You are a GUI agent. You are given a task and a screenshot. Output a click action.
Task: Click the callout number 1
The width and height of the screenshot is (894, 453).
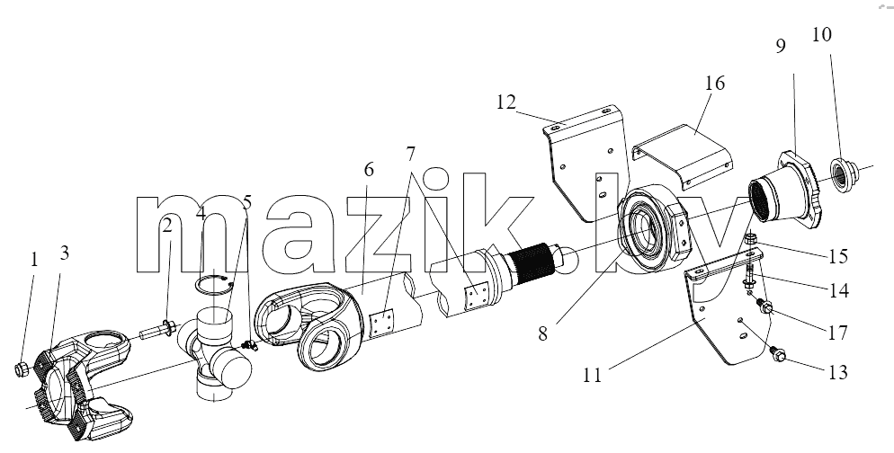(x=33, y=260)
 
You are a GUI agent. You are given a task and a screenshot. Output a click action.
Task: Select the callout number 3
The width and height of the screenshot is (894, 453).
(x=64, y=253)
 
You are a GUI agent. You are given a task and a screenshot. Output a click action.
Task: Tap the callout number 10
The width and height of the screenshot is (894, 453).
(x=821, y=35)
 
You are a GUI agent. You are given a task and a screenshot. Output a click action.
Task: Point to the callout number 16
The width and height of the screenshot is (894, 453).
(x=714, y=84)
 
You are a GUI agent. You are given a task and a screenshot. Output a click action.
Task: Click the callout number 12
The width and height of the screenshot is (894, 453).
(x=506, y=102)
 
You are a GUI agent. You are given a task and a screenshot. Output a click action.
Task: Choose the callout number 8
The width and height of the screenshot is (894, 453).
(x=542, y=333)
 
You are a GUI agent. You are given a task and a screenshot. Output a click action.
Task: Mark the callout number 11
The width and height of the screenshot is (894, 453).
(x=593, y=376)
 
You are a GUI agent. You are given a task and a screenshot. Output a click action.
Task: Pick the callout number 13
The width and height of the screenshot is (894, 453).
(x=837, y=373)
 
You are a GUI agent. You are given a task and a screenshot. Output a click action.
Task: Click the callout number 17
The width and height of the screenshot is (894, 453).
(x=837, y=333)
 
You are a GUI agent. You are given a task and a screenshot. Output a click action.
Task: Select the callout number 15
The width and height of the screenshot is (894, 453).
(x=837, y=256)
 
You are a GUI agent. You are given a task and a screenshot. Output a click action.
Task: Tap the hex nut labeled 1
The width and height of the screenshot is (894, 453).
(x=22, y=369)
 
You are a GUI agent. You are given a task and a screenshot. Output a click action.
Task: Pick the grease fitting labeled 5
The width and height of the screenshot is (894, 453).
(x=249, y=344)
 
